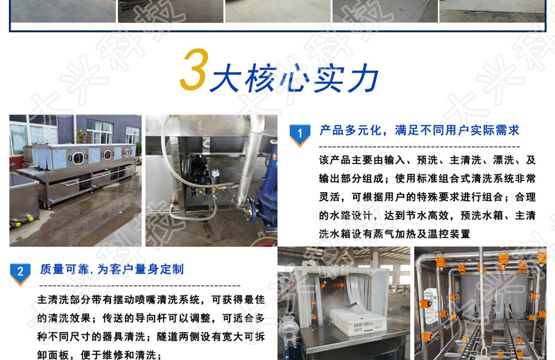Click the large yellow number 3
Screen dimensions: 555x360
pos(194,69)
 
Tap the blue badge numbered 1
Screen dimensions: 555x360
pos(300,135)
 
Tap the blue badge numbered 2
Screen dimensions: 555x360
pos(20,274)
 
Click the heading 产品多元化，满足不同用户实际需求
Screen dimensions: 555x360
pos(419,130)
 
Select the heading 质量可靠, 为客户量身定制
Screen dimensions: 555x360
pos(112,269)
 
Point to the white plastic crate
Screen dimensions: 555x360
pos(357,321)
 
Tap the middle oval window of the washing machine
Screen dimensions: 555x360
pos(107,155)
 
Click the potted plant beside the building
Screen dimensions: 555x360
pos(81,135)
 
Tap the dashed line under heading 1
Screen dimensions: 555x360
pos(420,146)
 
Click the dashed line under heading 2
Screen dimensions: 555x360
pos(140,285)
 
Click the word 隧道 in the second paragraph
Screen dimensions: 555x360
pos(168,336)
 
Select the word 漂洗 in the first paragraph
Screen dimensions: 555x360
pos(504,160)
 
